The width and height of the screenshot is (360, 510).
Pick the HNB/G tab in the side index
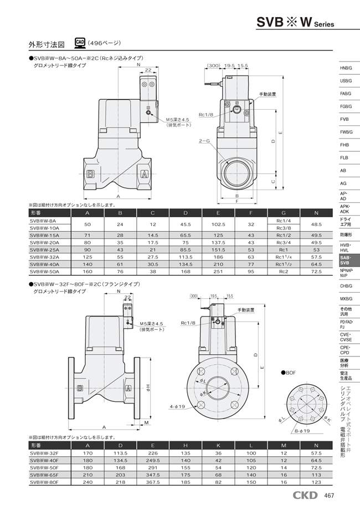(x=346, y=68)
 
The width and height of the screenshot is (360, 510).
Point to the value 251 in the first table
(x=219, y=272)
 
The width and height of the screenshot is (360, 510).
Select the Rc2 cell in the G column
(x=283, y=272)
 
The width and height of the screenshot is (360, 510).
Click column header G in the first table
(x=283, y=213)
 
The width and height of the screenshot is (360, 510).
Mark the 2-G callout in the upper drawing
(x=204, y=142)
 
